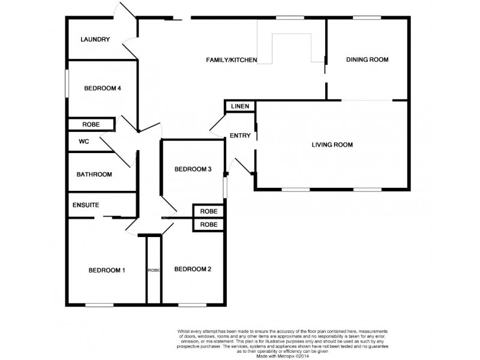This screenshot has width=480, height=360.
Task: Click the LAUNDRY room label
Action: [95, 40]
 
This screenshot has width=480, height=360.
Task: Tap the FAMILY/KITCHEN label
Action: [232, 60]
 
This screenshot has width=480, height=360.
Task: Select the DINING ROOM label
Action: [368, 59]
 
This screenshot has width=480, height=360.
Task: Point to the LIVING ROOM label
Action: [332, 145]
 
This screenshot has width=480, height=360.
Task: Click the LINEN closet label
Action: [241, 107]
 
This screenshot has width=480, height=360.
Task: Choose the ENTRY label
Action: [240, 136]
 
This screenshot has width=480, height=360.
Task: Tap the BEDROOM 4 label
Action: [103, 88]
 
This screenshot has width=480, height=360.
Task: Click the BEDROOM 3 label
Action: [193, 169]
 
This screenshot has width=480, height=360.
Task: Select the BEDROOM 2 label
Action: [193, 269]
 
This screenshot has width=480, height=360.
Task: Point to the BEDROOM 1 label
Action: [107, 270]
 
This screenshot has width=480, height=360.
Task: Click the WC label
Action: [84, 142]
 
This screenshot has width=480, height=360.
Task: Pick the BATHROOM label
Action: [94, 175]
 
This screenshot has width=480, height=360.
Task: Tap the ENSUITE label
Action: [86, 205]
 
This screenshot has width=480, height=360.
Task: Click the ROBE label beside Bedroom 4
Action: [91, 125]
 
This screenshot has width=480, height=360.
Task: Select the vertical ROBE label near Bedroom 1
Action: [154, 270]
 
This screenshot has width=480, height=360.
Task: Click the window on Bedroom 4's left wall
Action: [67, 82]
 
